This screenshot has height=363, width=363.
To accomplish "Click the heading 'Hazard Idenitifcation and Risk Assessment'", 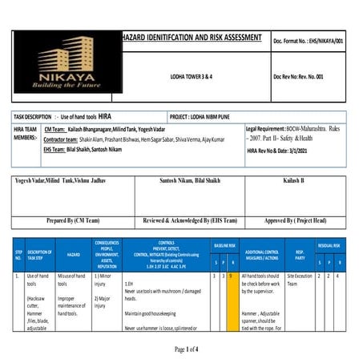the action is point(191,38).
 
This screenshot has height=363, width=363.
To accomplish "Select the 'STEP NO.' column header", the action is point(18,255).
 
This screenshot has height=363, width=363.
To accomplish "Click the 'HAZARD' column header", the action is point(73,254).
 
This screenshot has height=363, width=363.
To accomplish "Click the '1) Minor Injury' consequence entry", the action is point(105,280).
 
